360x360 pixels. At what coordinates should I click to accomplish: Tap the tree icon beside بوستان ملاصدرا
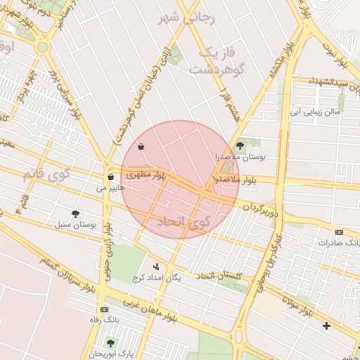tap(240, 146)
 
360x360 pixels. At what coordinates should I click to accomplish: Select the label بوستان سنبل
tap(75, 225)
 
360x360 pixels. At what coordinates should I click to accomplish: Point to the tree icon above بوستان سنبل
tap(75, 214)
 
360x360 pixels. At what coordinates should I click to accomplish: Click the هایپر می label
tap(111, 188)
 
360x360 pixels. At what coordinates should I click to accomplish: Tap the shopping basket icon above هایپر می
tap(110, 176)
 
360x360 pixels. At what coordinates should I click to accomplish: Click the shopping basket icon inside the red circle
tap(142, 147)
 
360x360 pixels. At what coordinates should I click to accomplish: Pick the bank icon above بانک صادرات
tap(340, 232)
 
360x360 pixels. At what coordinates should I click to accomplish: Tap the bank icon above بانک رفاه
tap(105, 309)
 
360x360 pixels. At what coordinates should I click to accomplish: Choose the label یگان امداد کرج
tap(157, 278)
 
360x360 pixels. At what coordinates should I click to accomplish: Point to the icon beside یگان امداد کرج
tap(155, 266)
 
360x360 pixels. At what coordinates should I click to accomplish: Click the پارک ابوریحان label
tap(111, 353)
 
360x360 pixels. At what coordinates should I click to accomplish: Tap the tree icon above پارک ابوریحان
tap(110, 342)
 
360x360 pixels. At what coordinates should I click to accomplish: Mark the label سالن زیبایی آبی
tap(316, 111)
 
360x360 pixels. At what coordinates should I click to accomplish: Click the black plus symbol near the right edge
tap(326, 326)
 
